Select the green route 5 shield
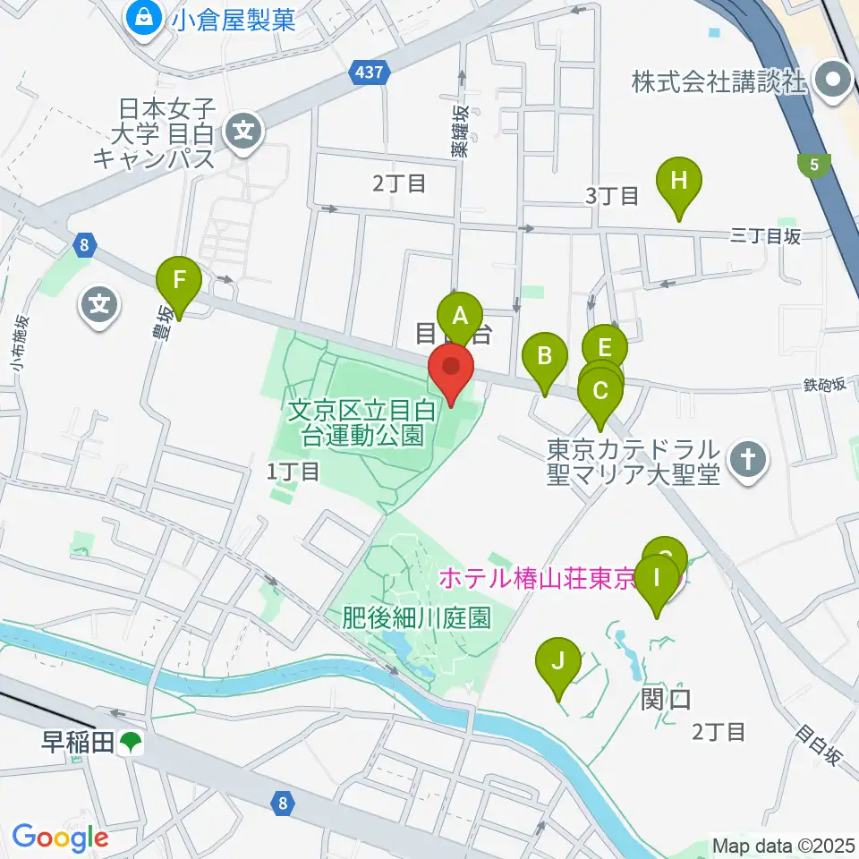pos(814,165)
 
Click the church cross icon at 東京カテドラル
pos(748,461)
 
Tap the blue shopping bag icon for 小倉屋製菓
pos(143,18)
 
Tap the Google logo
pos(60,838)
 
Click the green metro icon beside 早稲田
pos(132,741)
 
